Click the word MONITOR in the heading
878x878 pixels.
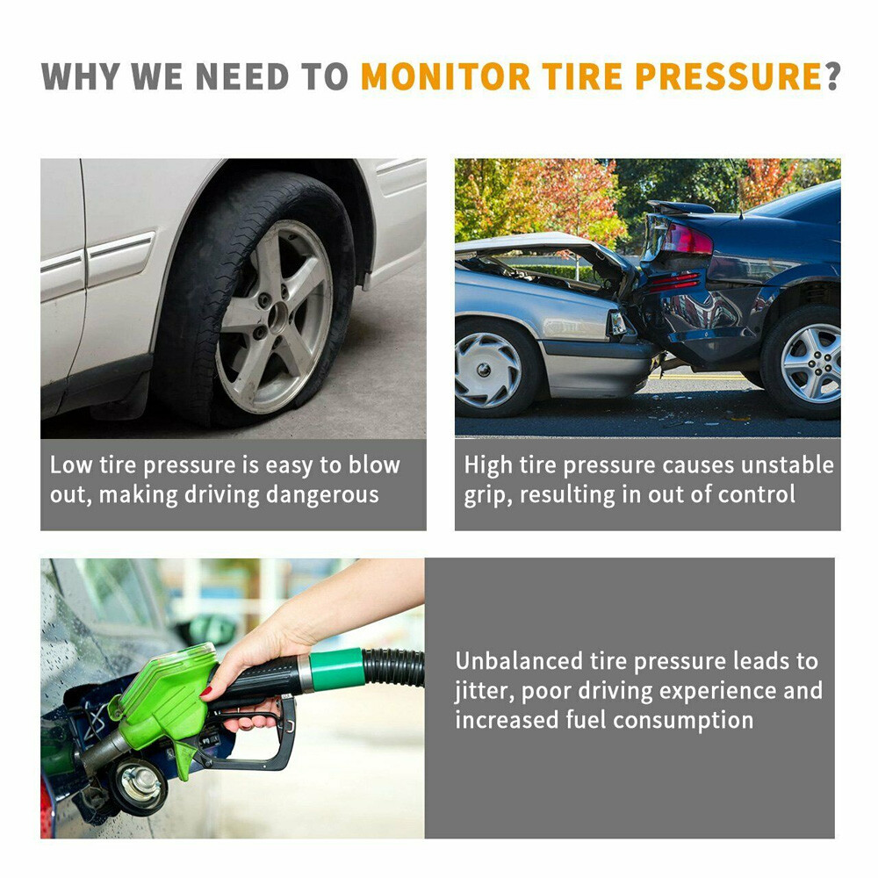click(445, 76)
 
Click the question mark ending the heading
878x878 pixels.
click(832, 76)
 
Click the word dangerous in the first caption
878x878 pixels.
click(322, 494)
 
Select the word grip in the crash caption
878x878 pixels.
click(486, 494)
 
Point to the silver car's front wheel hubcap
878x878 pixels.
click(488, 370)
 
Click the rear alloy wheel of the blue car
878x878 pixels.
click(810, 363)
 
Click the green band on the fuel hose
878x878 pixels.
click(337, 670)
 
